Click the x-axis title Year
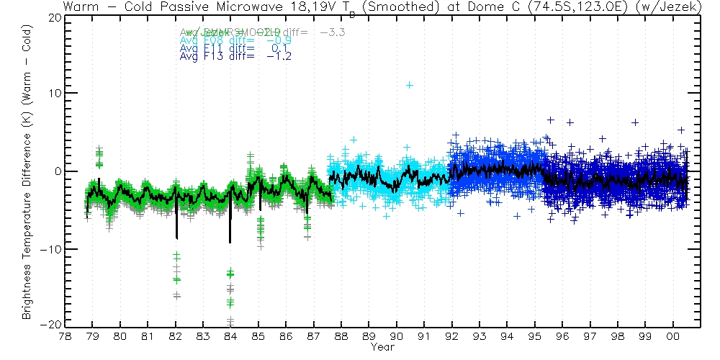(382, 348)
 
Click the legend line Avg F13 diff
(235, 57)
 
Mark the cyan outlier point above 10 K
(410, 85)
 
